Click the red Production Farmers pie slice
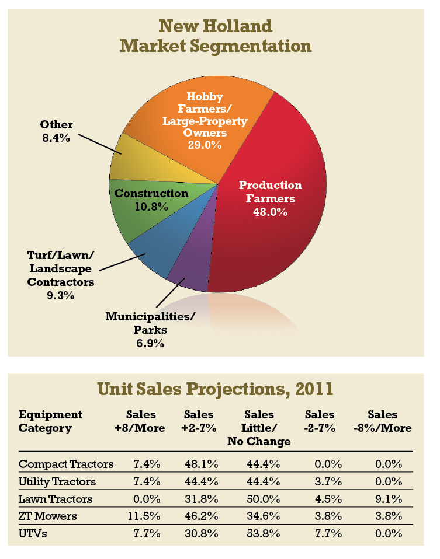[x=275, y=233]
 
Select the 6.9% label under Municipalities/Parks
[x=150, y=344]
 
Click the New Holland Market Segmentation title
[x=216, y=36]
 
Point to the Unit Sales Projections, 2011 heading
[x=216, y=388]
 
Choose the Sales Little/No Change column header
[x=259, y=428]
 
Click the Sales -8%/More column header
[x=383, y=421]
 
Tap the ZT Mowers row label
[x=48, y=516]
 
